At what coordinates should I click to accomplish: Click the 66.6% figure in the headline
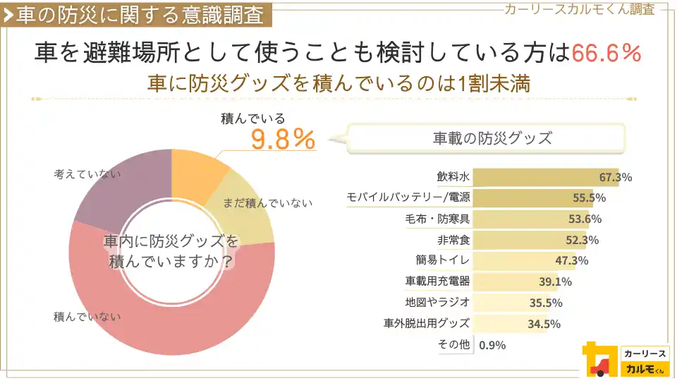pos(606,53)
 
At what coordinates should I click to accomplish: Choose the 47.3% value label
pos(571,261)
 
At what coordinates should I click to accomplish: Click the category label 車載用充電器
pos(437,282)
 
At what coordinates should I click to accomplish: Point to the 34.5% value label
pos(544,325)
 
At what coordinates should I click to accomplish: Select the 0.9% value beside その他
pos(492,346)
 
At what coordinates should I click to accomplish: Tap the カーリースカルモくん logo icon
pos(596,359)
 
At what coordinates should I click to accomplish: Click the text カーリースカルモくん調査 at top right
pos(579,8)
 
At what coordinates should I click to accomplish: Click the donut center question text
pos(171,251)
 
